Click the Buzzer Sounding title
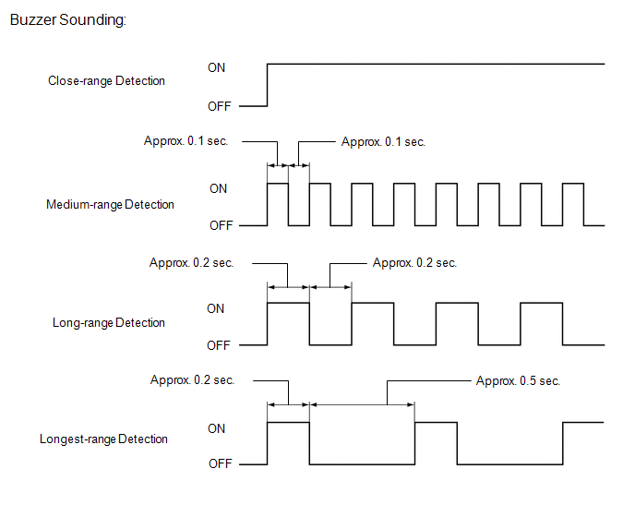point(68,20)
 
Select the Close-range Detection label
point(106,81)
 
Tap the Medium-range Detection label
point(110,205)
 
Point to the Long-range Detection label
point(109,323)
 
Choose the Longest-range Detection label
point(103,439)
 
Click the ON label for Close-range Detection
point(216,67)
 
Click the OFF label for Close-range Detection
point(220,106)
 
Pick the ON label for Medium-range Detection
point(218,189)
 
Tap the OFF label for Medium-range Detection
point(222,225)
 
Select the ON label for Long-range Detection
point(215,308)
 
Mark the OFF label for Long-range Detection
point(218,345)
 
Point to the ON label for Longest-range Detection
point(216,428)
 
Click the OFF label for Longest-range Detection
point(221,463)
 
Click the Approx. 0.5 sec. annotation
point(519,381)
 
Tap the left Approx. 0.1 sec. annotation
point(186,141)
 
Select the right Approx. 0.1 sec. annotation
point(383,142)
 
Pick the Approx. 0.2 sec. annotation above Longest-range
point(192,380)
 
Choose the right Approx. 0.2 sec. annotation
point(414,263)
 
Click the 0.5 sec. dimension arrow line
point(362,404)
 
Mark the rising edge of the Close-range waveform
point(268,85)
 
